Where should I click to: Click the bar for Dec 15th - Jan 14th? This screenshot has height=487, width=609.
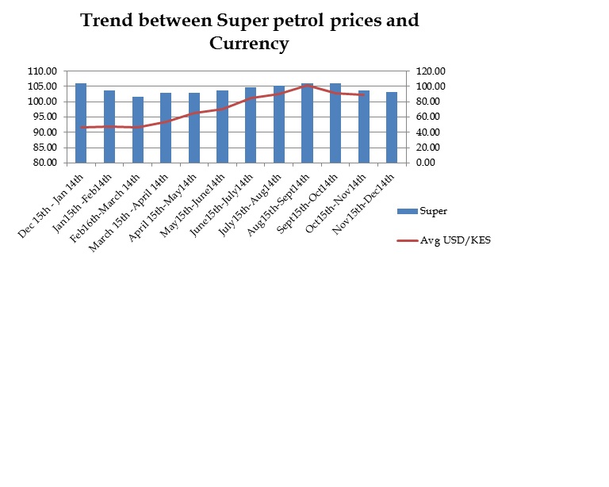pyautogui.click(x=81, y=123)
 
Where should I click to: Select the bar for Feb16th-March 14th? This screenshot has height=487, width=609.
pyautogui.click(x=138, y=130)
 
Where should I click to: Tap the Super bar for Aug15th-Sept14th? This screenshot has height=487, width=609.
pyautogui.click(x=307, y=123)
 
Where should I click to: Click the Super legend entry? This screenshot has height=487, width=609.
pyautogui.click(x=434, y=211)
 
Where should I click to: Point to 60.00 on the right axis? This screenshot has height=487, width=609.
pyautogui.click(x=421, y=117)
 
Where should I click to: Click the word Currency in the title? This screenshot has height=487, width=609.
pyautogui.click(x=248, y=44)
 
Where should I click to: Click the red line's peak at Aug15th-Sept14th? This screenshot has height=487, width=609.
pyautogui.click(x=308, y=85)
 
